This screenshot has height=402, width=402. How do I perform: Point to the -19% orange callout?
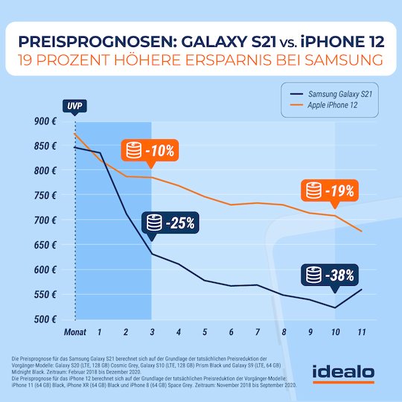[x=329, y=191]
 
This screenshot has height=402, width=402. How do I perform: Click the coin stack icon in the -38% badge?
[x=312, y=274]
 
